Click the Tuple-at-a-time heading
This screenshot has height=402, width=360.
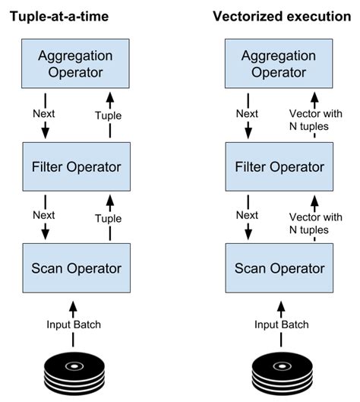click(x=59, y=17)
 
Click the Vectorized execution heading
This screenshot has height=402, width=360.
click(x=282, y=17)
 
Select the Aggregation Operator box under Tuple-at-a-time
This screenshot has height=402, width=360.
click(x=75, y=64)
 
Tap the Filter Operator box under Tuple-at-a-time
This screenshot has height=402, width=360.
click(x=77, y=166)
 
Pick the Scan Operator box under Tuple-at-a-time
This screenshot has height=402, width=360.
click(x=77, y=268)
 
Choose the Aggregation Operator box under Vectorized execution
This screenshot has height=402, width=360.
click(x=279, y=64)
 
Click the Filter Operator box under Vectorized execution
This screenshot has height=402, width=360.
click(x=279, y=166)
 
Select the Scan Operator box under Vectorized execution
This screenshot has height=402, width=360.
click(x=279, y=268)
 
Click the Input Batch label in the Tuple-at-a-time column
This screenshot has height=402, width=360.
click(x=74, y=324)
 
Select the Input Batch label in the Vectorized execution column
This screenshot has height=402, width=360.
click(x=281, y=324)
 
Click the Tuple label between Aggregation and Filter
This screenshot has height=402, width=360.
click(x=109, y=116)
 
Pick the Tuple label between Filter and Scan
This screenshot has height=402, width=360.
click(x=109, y=219)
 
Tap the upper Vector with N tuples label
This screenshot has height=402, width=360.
click(x=316, y=120)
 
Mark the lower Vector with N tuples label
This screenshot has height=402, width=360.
click(x=316, y=223)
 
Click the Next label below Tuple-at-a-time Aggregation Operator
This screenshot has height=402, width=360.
click(x=44, y=113)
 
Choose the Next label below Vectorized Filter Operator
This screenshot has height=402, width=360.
click(x=247, y=215)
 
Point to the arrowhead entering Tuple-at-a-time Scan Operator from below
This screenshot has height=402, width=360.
click(x=73, y=306)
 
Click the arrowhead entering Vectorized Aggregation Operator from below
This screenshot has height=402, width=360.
click(x=314, y=98)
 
